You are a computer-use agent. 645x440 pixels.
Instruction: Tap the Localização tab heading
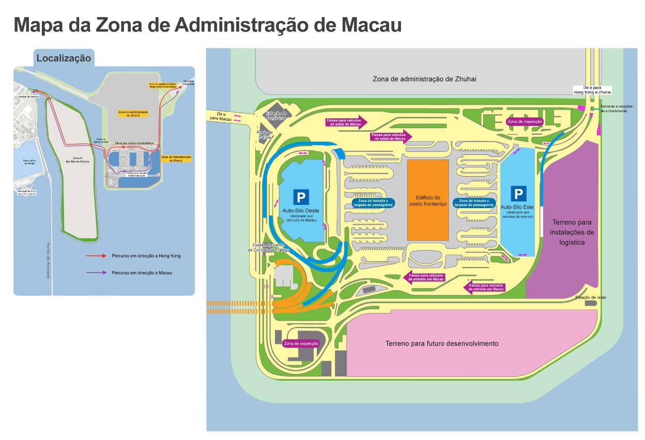click(64, 58)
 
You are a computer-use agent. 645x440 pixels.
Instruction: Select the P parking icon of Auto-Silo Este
click(518, 194)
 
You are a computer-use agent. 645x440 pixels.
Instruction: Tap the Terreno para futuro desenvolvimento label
click(442, 343)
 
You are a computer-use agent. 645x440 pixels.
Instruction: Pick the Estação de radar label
click(590, 298)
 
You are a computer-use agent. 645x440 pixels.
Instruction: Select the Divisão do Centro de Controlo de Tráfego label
click(268, 247)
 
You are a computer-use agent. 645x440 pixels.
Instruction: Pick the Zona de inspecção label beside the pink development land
click(301, 343)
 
